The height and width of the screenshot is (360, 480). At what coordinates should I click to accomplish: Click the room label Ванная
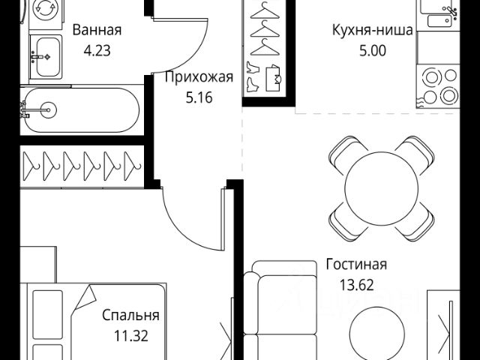97,31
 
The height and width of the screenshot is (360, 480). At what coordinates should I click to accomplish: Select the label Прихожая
199,77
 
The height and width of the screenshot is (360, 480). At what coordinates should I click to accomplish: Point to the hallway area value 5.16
199,97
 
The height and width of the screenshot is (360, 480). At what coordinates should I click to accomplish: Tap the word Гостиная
356,264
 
